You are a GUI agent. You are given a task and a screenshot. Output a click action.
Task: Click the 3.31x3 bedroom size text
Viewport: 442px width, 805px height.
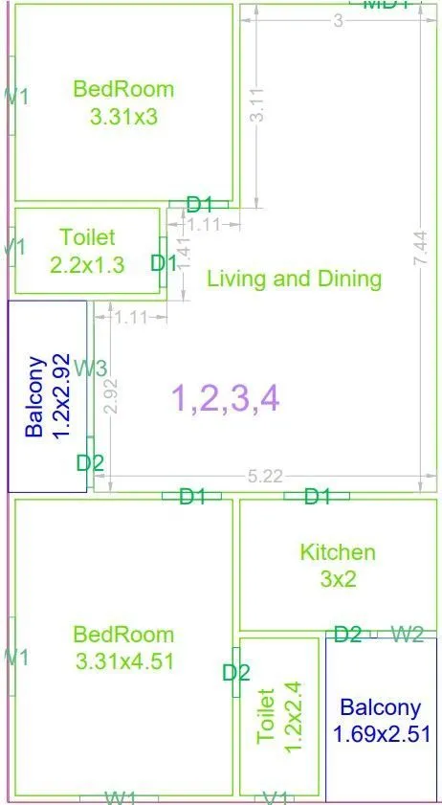pyautogui.click(x=123, y=118)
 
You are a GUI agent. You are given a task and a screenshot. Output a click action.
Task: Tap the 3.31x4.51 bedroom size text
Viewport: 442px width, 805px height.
pyautogui.click(x=124, y=660)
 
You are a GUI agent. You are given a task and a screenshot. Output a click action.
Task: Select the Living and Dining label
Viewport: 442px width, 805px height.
pyautogui.click(x=295, y=279)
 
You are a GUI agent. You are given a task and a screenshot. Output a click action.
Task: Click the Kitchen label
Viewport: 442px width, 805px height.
pyautogui.click(x=338, y=552)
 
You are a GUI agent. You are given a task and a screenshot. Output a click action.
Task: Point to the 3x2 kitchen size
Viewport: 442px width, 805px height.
pyautogui.click(x=338, y=579)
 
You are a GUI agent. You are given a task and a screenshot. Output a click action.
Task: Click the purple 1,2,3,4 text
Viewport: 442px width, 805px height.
pyautogui.click(x=225, y=396)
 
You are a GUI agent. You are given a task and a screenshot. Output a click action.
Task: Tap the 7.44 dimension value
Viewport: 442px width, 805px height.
pyautogui.click(x=420, y=248)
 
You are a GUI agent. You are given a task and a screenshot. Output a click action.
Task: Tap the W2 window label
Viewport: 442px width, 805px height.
pyautogui.click(x=409, y=634)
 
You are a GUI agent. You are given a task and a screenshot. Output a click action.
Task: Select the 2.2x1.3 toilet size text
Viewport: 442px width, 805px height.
pyautogui.click(x=87, y=265)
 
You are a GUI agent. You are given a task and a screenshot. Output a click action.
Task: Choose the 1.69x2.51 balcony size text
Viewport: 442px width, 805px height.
pyautogui.click(x=381, y=734)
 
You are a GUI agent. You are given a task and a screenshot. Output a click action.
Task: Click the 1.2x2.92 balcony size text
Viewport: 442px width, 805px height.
pyautogui.click(x=62, y=397)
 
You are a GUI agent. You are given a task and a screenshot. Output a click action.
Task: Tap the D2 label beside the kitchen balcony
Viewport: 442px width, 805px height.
pyautogui.click(x=347, y=634)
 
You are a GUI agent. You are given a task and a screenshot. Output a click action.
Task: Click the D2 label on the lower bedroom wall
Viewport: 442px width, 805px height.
pyautogui.click(x=235, y=673)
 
